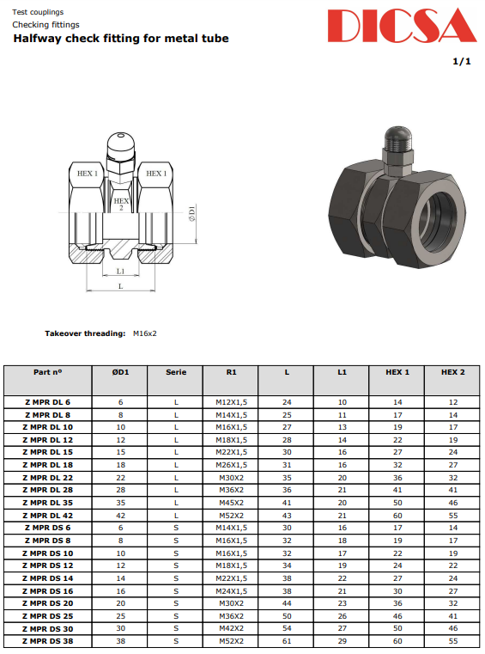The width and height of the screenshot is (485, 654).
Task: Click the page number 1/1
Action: tap(462, 62)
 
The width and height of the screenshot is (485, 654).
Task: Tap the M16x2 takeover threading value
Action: tap(145, 333)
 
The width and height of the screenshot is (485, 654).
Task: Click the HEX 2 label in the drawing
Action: tap(121, 204)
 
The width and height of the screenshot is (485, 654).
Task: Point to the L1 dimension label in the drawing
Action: tap(120, 272)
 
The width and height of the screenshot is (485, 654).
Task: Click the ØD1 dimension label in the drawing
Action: tap(192, 212)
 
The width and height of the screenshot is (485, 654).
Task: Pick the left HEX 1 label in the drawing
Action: tap(87, 174)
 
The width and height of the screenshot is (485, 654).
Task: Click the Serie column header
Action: tap(175, 372)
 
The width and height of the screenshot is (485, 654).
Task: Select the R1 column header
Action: tap(230, 372)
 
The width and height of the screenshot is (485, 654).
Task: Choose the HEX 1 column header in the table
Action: tap(397, 372)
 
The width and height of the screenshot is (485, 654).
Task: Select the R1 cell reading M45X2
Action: tap(230, 502)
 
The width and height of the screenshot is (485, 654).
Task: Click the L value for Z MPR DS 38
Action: tap(287, 640)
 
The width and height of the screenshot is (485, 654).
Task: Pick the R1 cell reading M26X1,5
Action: tap(230, 464)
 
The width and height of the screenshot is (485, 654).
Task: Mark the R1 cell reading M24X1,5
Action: tap(230, 590)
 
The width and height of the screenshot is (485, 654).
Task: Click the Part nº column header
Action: tap(48, 372)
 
